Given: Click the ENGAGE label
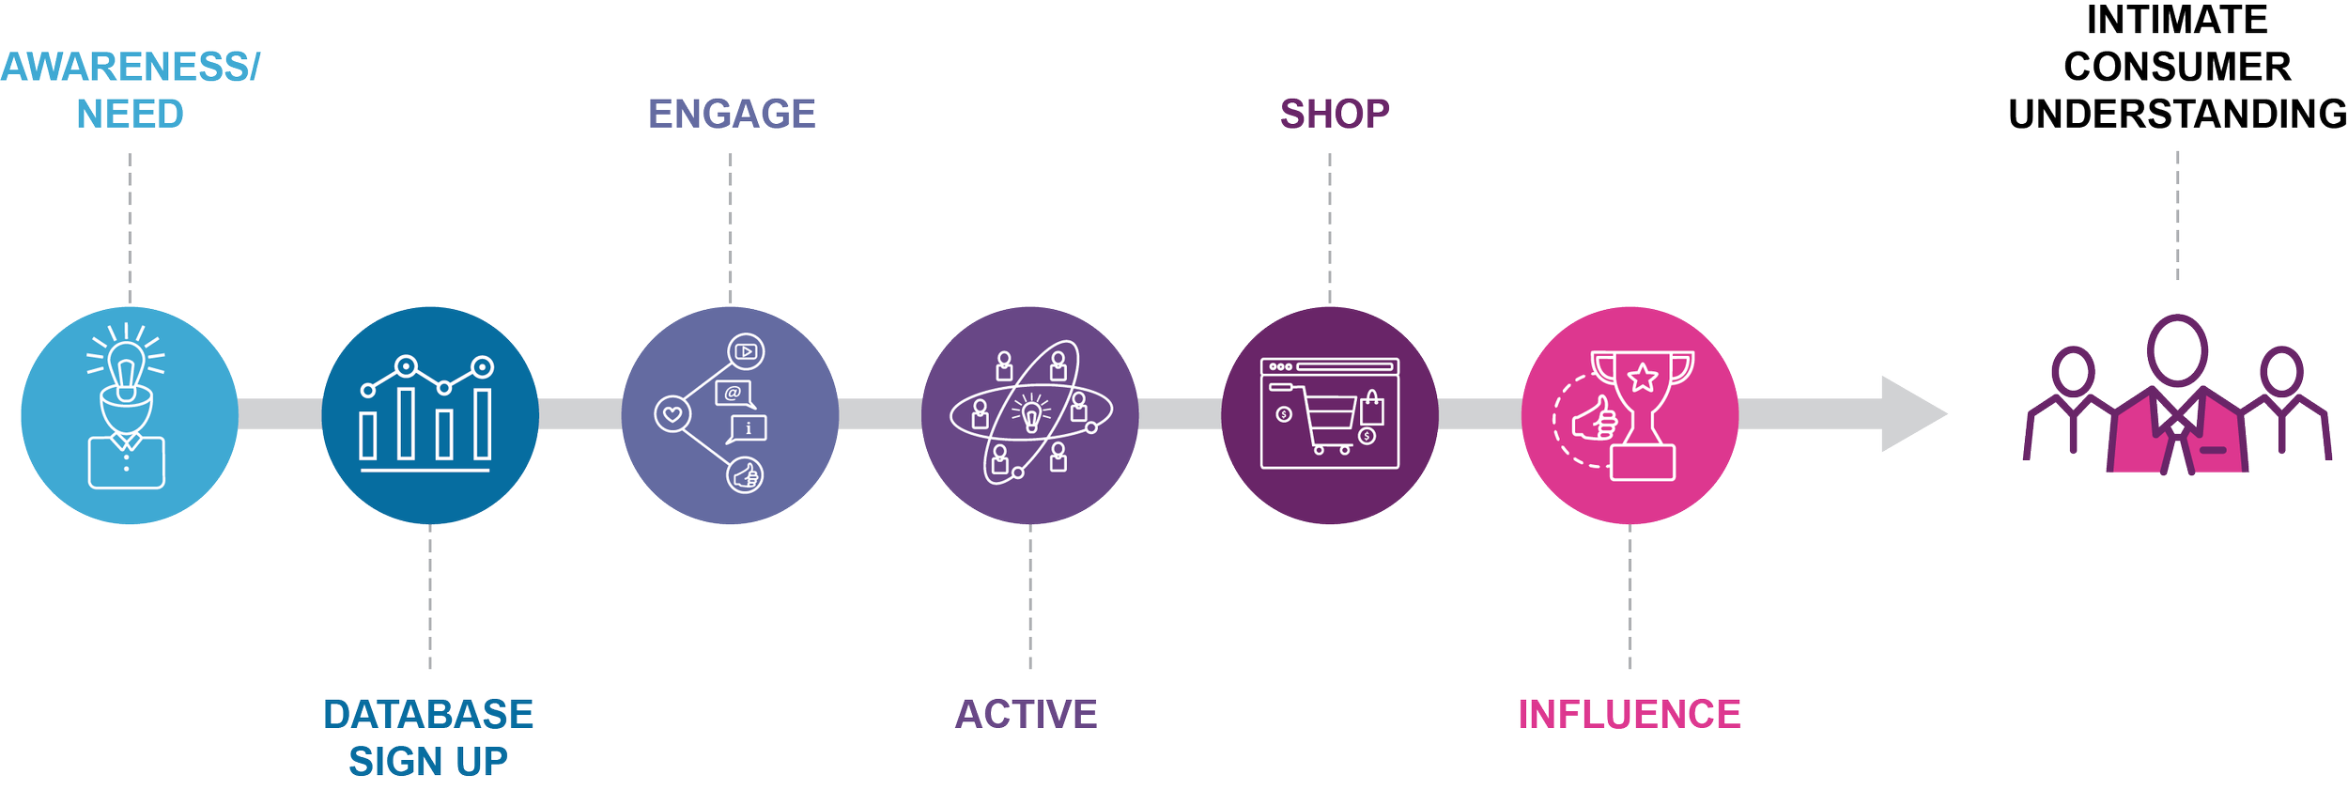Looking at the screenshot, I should [732, 115].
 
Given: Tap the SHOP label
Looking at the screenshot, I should [1334, 115].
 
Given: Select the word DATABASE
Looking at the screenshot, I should [428, 715].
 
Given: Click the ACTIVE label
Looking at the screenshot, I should [1027, 715].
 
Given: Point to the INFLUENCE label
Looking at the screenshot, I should [1630, 715].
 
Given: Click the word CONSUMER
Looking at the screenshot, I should [2177, 68].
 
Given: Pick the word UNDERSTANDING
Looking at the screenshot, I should [2177, 115].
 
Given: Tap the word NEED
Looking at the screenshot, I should [130, 115].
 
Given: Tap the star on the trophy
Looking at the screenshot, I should [1643, 378].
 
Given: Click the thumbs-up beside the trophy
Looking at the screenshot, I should [1594, 419].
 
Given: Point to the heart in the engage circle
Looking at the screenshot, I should [672, 413].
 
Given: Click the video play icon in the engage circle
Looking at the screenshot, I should [746, 352].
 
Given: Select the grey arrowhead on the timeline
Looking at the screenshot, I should [1911, 414].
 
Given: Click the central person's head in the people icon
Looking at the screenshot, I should [2177, 349].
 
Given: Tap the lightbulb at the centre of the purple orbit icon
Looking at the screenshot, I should [1031, 412].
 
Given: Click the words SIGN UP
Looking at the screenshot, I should [428, 762].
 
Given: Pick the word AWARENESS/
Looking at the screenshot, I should [130, 68].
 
